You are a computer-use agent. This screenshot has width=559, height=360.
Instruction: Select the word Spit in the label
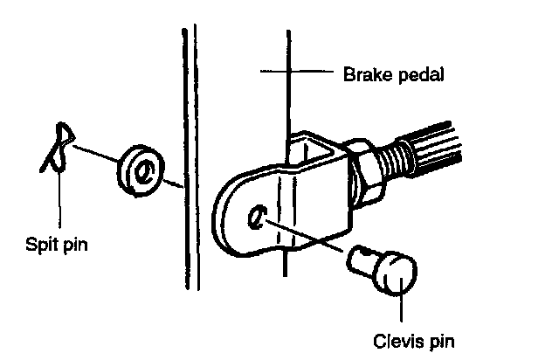[x=40, y=245]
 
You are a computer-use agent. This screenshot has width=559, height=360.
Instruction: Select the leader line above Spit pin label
[x=59, y=201]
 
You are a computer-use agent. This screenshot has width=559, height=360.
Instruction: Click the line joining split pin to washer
[x=96, y=155]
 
